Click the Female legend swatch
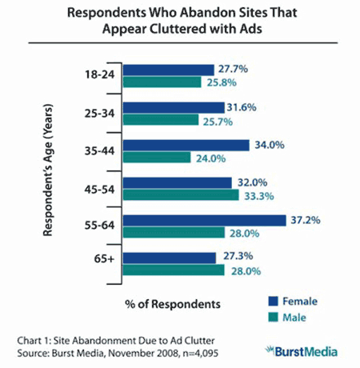coord(274,302)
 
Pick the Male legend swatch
coord(274,316)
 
